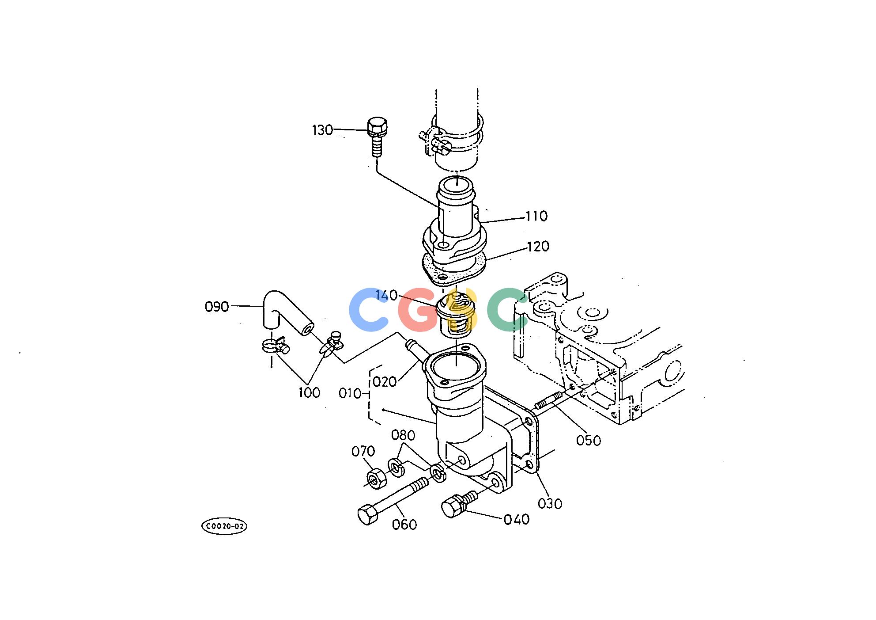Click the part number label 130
point(322,130)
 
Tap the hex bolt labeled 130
point(377,137)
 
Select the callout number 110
point(536,216)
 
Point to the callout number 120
point(538,246)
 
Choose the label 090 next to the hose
point(217,306)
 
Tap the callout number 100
point(309,392)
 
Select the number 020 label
point(385,382)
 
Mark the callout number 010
point(350,393)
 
